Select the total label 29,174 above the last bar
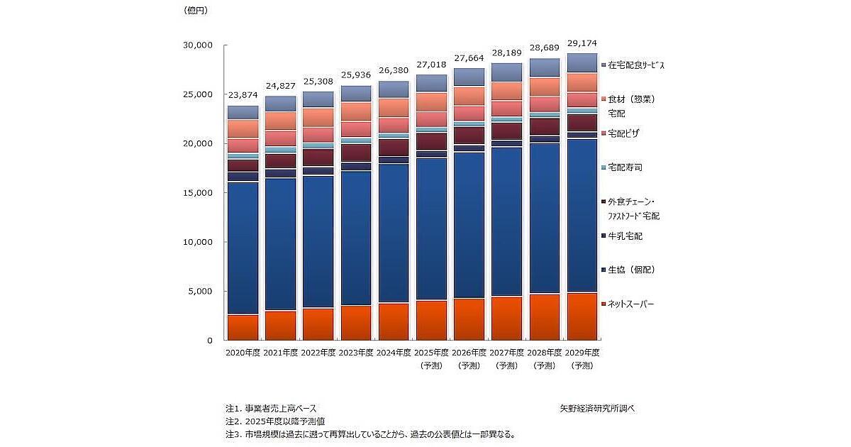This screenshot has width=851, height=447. click(581, 43)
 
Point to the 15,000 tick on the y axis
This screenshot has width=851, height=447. click(198, 192)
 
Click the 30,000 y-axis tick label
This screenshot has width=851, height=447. click(198, 45)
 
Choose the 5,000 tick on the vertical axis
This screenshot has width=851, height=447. click(200, 291)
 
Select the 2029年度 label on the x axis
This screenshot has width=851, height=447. click(582, 352)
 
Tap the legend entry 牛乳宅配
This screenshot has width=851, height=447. click(626, 236)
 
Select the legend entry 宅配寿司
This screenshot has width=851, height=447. click(626, 167)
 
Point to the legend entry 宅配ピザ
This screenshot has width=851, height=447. click(626, 133)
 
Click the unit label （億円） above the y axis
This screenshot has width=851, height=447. click(196, 10)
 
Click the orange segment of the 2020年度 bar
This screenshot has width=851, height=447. click(243, 327)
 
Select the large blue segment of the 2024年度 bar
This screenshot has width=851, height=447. click(394, 233)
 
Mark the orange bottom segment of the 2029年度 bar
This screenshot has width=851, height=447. click(582, 316)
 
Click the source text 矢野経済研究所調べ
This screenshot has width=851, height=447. click(596, 408)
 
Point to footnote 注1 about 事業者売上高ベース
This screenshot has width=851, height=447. click(271, 408)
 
